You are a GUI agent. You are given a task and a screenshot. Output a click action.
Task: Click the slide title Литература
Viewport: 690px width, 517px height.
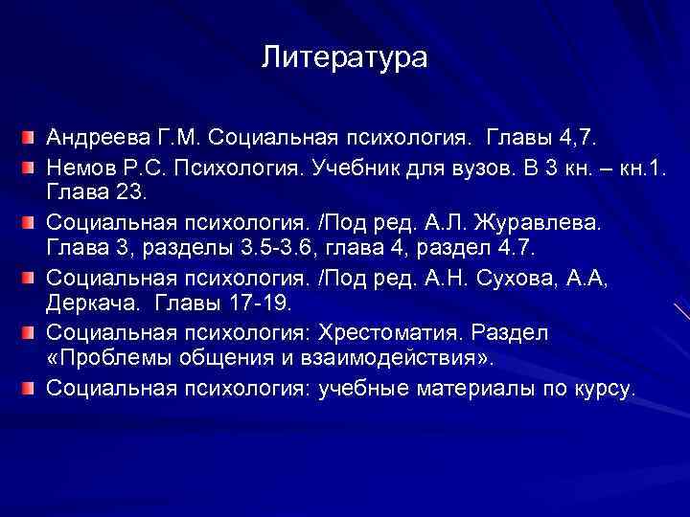[x=345, y=59]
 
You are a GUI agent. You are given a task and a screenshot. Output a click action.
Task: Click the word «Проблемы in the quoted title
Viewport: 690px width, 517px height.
[x=104, y=359]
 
